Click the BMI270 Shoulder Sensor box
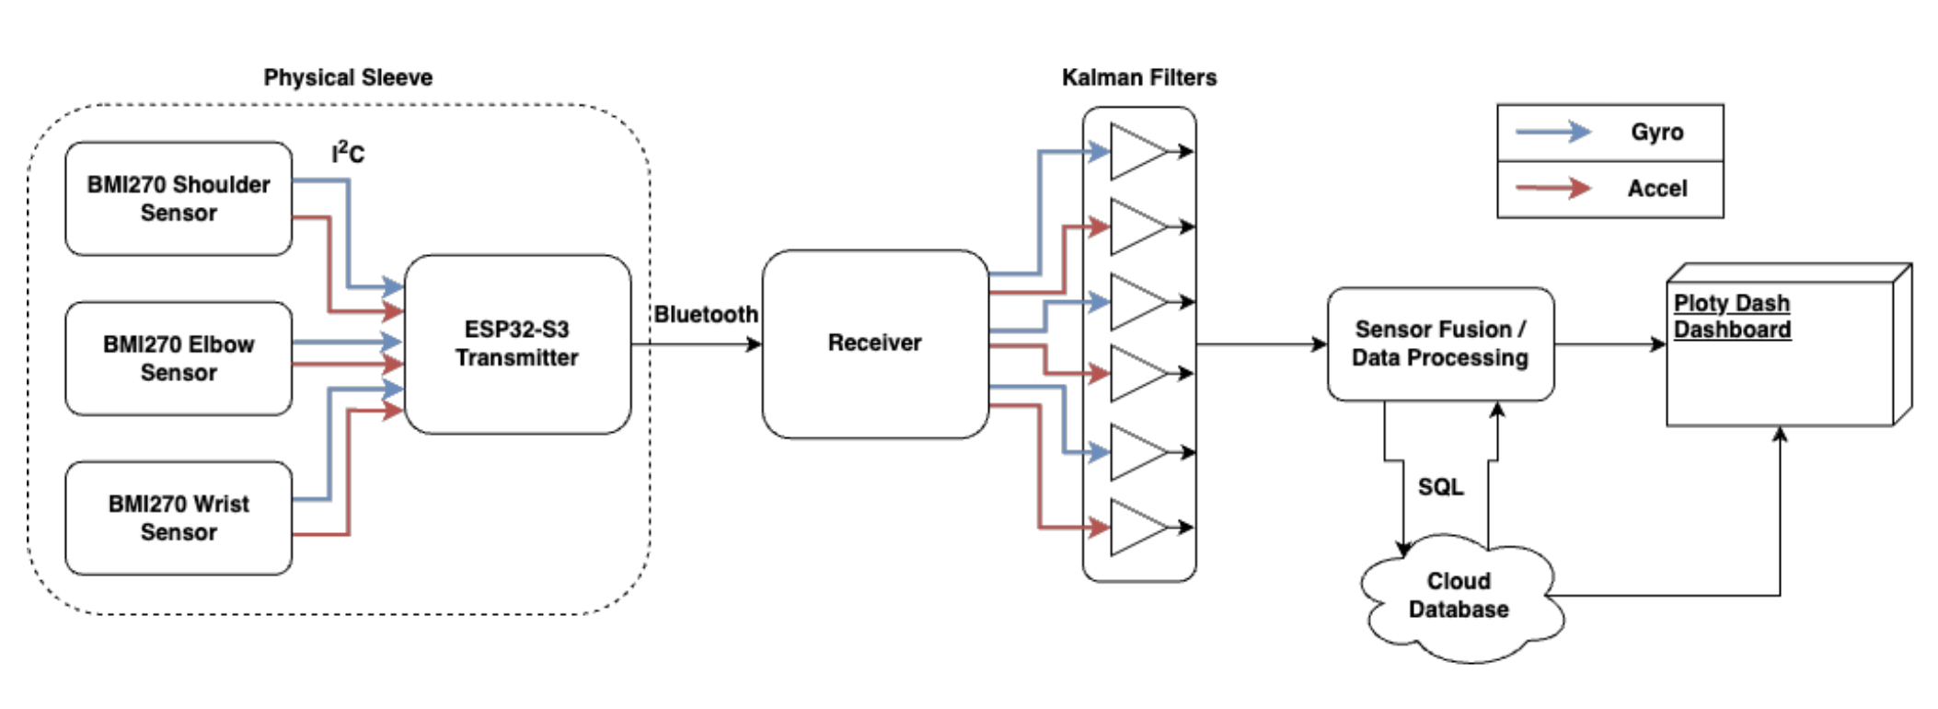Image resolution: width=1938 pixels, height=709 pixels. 179,198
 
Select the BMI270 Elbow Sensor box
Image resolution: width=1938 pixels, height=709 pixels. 179,358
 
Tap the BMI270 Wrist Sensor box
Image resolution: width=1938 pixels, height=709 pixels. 179,517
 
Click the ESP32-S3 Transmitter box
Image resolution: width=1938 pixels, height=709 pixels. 517,343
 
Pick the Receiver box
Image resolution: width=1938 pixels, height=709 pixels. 874,343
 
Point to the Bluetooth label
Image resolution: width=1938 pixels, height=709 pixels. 706,314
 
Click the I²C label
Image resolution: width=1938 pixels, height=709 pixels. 348,153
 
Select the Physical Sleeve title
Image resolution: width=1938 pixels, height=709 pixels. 348,77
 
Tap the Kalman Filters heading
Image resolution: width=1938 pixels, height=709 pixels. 1139,77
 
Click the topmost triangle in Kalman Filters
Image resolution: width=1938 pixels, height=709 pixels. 1136,151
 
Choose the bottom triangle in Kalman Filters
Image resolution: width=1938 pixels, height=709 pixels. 1136,528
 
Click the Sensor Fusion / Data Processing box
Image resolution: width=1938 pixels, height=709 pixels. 1440,343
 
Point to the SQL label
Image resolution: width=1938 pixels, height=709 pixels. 1440,487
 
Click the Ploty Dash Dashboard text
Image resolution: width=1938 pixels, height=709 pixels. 1732,316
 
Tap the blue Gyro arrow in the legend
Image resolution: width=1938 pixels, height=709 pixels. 1553,132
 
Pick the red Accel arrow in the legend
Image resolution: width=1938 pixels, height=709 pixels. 1553,188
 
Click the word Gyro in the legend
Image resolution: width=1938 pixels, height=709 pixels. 1656,132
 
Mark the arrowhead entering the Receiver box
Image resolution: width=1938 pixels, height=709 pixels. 755,344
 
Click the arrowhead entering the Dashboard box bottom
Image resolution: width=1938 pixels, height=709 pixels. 1781,434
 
